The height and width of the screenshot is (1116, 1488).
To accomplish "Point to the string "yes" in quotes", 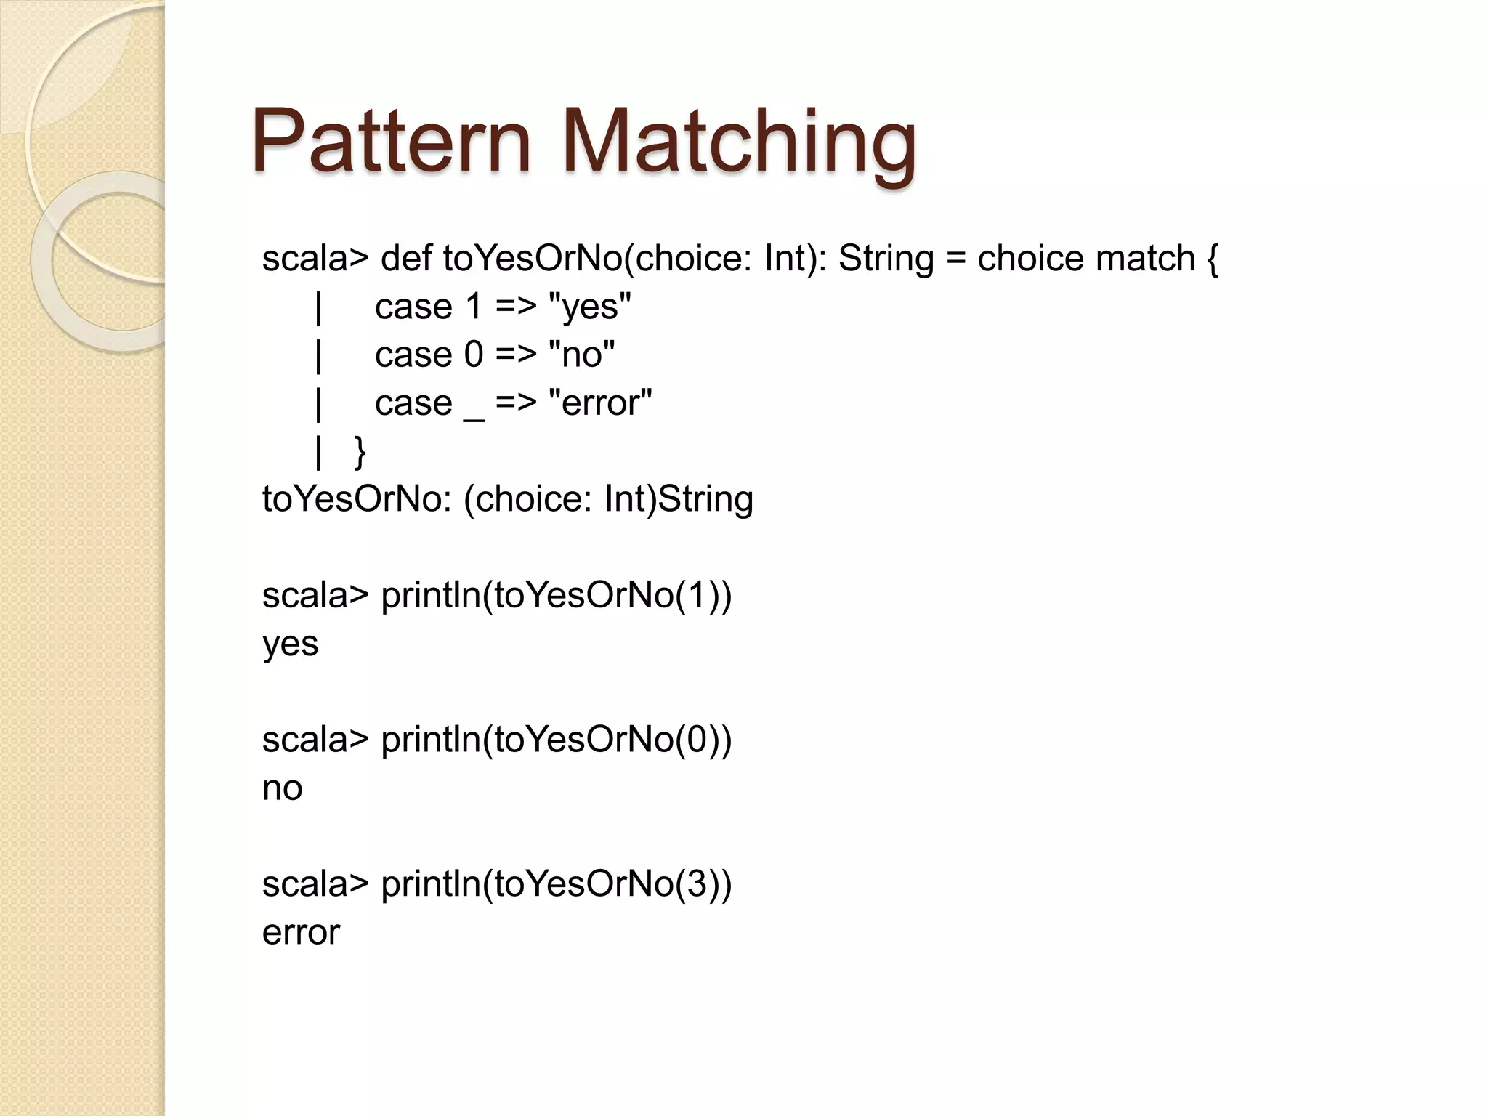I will tap(589, 307).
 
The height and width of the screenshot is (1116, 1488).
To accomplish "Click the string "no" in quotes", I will tap(581, 355).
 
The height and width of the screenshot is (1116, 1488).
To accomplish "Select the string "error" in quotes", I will tap(600, 403).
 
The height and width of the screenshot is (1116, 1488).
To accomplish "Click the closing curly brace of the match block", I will tap(360, 452).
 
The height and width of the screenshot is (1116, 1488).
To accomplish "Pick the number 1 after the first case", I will tap(474, 307).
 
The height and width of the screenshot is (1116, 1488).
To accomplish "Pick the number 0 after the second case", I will tap(474, 355).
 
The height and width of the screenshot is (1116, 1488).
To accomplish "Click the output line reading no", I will tap(282, 788).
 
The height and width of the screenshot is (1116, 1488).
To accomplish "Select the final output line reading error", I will tap(301, 932).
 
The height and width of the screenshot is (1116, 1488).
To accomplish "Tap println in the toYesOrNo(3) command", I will tap(436, 884).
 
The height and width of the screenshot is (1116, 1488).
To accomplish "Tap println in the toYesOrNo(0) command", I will tap(436, 740).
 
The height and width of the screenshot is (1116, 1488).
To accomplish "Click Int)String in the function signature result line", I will tap(679, 499).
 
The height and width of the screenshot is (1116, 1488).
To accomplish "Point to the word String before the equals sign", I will tap(886, 258).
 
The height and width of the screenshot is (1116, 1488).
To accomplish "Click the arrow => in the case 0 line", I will tap(516, 355).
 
